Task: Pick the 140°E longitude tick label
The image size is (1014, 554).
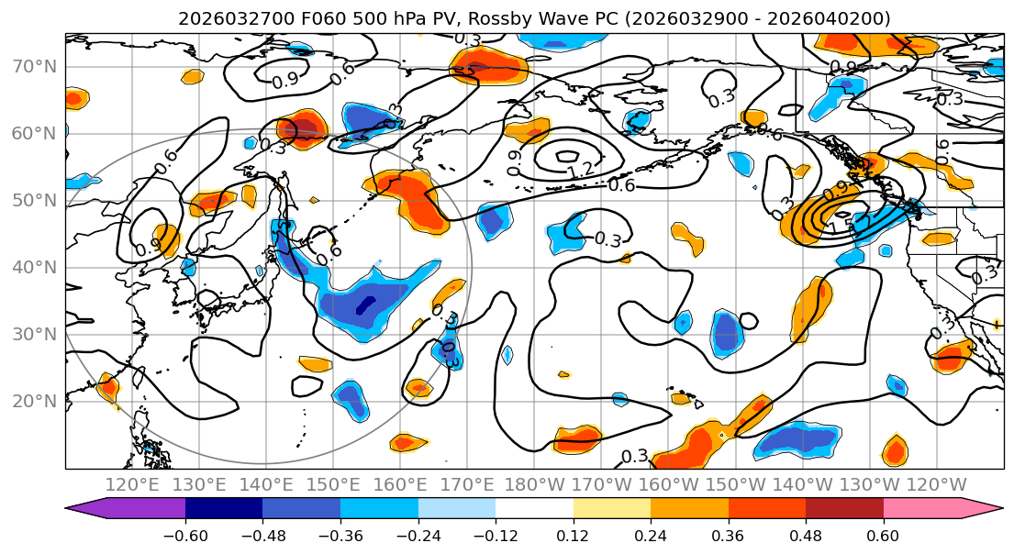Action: [267, 484]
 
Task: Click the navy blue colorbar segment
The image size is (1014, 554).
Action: [224, 509]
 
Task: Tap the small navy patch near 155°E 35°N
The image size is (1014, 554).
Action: [367, 305]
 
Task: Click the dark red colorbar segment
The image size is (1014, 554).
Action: [844, 509]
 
